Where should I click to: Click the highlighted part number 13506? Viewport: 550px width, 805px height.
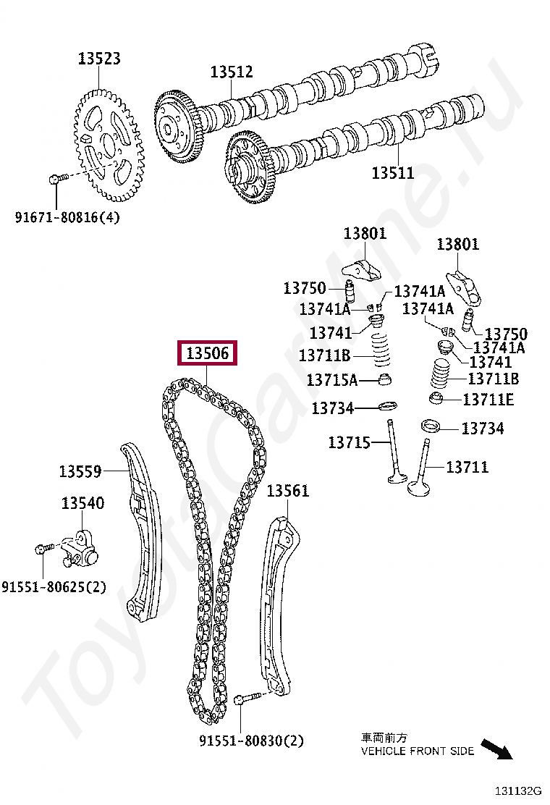point(208,353)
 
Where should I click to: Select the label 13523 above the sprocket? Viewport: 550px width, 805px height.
point(99,59)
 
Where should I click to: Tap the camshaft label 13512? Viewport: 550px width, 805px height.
point(232,72)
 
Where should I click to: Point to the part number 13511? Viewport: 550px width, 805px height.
point(393,173)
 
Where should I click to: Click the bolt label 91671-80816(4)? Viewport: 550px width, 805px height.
point(67,216)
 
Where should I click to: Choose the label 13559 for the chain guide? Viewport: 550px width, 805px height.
point(80,472)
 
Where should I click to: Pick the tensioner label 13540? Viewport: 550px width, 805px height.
point(82,503)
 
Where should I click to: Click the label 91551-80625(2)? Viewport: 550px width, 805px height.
point(54,587)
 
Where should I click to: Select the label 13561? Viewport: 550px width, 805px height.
point(287,491)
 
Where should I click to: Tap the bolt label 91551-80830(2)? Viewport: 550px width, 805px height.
point(251,741)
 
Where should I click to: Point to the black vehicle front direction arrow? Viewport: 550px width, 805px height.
point(496,749)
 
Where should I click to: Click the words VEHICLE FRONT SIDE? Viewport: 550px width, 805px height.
point(418,751)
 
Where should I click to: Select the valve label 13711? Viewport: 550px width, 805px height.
point(467,468)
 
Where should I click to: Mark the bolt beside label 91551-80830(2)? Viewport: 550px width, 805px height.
point(246,699)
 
